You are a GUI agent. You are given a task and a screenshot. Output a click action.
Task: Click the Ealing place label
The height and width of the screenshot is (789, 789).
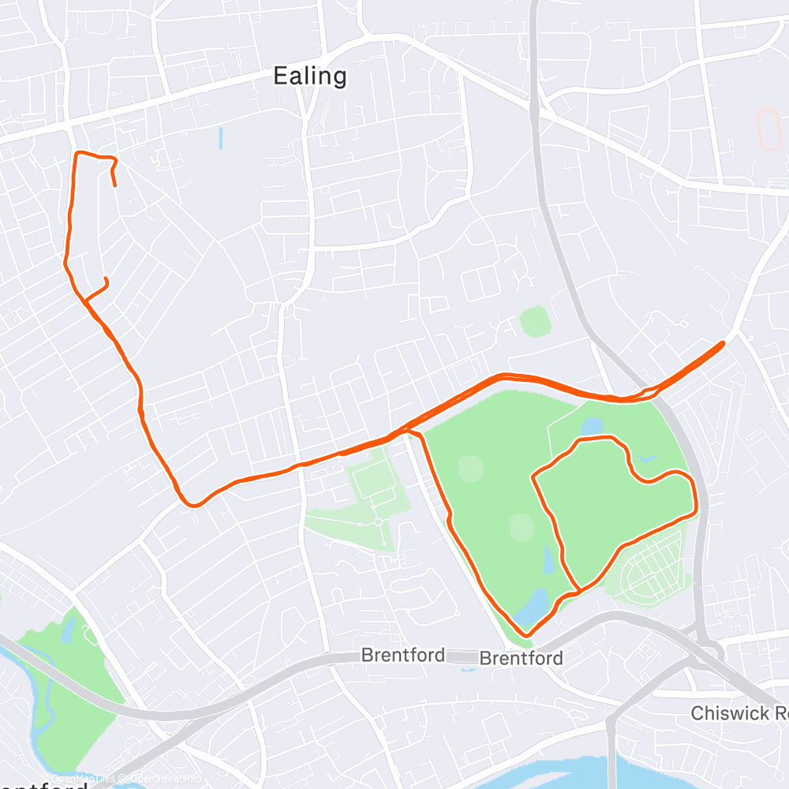(x=309, y=77)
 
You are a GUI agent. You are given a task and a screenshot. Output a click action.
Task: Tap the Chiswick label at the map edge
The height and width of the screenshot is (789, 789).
(x=739, y=713)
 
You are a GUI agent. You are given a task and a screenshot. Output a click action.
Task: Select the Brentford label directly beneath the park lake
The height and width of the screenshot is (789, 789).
(x=522, y=658)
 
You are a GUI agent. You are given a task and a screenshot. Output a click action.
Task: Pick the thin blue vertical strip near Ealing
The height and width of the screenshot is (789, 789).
(x=221, y=138)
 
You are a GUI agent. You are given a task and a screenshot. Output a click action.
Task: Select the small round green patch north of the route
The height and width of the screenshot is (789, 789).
(x=535, y=321)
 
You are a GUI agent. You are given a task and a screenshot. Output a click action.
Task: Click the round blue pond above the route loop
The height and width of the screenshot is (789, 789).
(x=593, y=426)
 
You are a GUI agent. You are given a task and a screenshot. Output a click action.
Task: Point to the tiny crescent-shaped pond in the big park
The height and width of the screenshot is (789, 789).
(x=647, y=458)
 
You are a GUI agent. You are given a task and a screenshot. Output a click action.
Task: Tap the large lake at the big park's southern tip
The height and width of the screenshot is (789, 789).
(x=531, y=607)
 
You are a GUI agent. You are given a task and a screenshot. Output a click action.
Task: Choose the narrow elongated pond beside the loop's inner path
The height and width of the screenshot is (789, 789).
(x=548, y=560)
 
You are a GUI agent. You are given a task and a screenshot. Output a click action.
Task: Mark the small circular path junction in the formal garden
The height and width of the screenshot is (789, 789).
(x=378, y=522)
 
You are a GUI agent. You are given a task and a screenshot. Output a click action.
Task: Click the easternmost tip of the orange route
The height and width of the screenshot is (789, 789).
(x=723, y=343)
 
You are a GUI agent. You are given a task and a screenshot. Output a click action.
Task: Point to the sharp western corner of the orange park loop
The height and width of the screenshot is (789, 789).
(x=535, y=476)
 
